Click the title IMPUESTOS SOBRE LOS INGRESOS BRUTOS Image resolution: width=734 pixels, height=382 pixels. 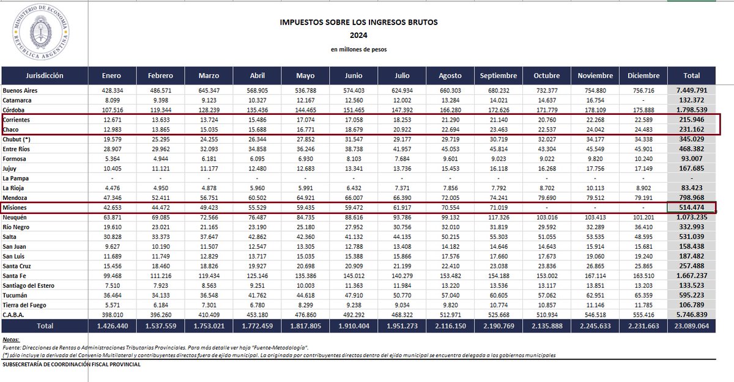(x=358, y=22)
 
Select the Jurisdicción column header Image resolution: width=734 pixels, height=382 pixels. (x=45, y=76)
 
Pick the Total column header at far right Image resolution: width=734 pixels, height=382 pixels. (x=691, y=76)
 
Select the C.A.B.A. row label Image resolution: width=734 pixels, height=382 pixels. (x=15, y=314)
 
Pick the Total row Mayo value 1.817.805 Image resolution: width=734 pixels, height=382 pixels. (x=305, y=326)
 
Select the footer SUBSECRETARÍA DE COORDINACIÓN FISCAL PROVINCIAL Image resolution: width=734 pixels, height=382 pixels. (x=72, y=364)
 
